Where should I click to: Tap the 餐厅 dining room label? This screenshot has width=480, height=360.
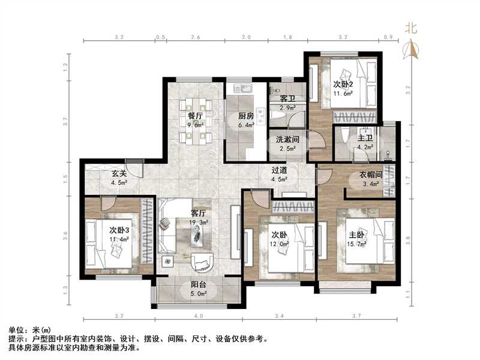[196, 116]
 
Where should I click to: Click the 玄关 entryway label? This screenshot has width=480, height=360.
[119, 175]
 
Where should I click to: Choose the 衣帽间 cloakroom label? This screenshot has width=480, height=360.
[370, 175]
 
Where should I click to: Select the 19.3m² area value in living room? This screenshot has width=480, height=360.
[199, 222]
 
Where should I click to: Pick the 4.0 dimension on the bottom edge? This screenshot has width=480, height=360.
[198, 315]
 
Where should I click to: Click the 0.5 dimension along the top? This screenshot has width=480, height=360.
[160, 37]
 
